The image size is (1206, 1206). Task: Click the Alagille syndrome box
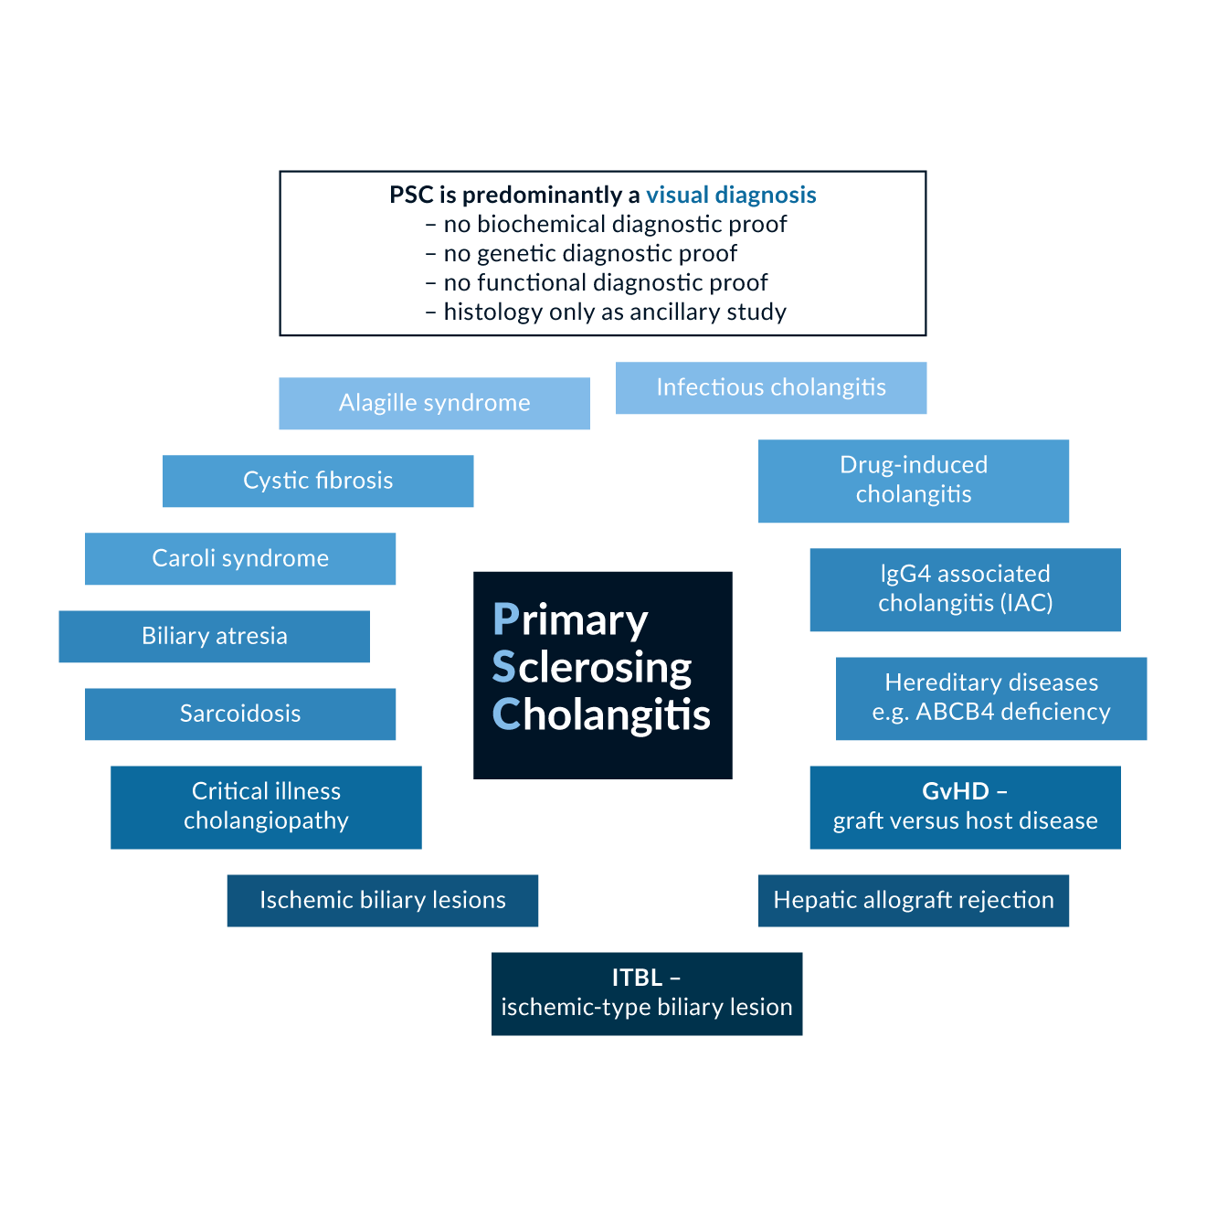(434, 404)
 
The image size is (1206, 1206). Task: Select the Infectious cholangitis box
(771, 388)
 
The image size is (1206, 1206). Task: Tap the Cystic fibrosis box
(318, 481)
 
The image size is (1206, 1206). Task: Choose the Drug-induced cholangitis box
(914, 481)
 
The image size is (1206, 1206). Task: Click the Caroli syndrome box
(240, 559)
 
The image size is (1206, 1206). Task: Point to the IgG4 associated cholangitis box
(965, 590)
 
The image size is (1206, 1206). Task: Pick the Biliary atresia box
(214, 637)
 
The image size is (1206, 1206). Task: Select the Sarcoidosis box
(240, 714)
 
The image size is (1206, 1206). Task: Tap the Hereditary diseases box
(991, 699)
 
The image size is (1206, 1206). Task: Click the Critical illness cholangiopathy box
(266, 808)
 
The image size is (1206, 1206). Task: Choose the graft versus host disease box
(965, 820)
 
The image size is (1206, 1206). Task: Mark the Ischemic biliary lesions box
(382, 901)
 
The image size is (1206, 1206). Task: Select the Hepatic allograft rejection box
(914, 901)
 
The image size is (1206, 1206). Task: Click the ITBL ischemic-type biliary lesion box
(647, 994)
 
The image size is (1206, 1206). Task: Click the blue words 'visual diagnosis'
(731, 196)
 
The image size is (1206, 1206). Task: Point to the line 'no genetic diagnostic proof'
(589, 254)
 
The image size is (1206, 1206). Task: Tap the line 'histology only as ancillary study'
(614, 312)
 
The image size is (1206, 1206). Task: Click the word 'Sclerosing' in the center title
(592, 668)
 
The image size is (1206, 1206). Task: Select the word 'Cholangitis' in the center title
(601, 715)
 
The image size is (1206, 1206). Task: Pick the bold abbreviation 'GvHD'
(956, 791)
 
